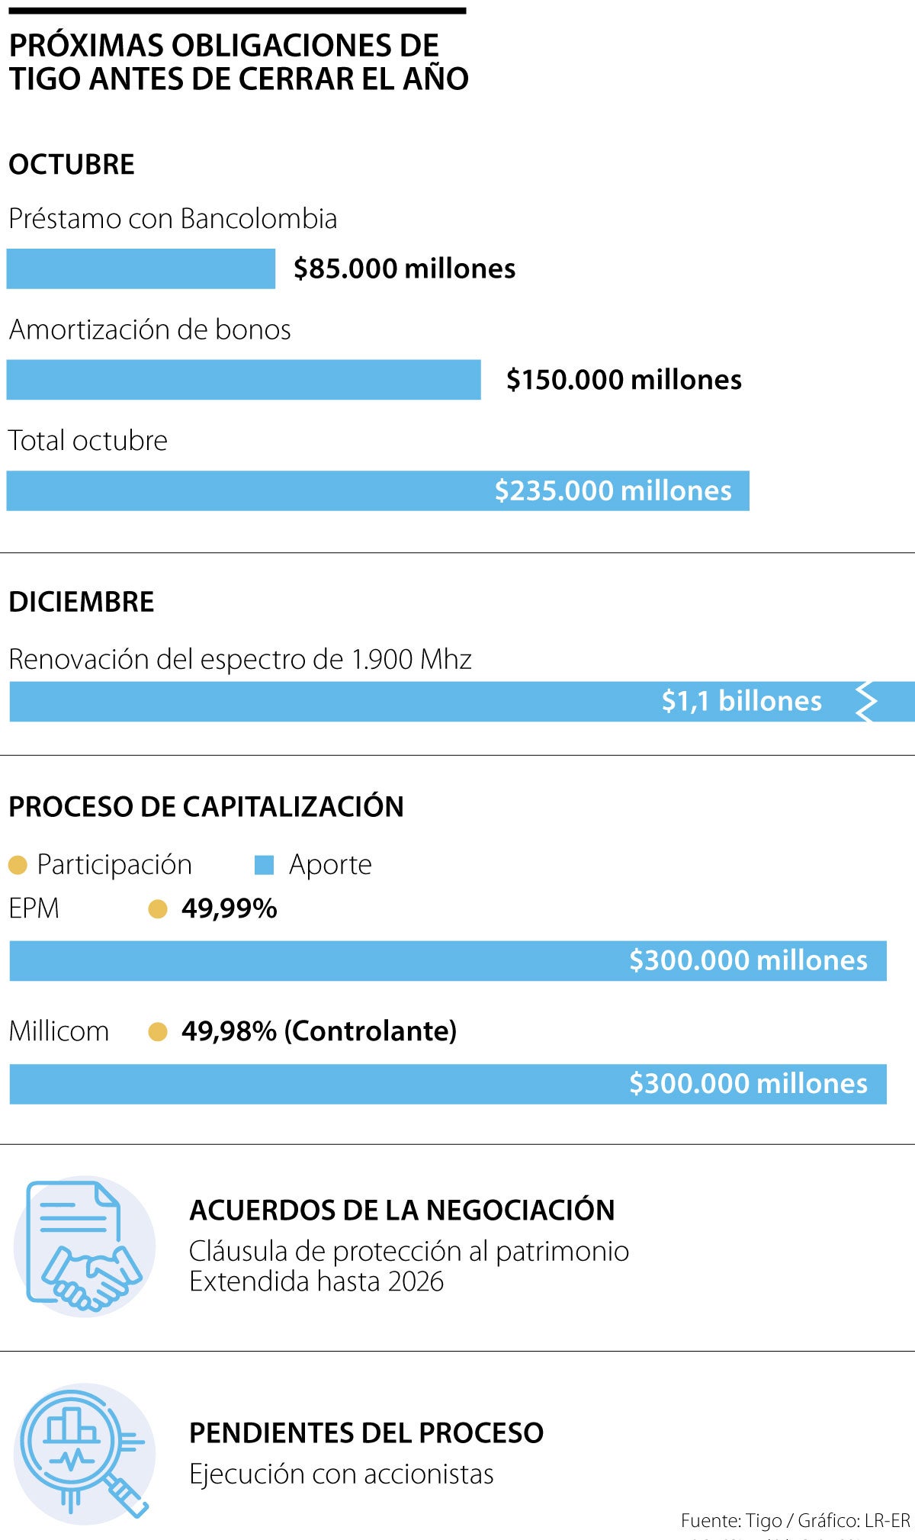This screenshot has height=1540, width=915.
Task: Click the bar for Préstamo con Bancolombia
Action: (x=141, y=268)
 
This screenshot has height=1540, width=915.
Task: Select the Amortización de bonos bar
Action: (x=244, y=380)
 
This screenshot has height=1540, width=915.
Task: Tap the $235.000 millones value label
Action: (x=613, y=490)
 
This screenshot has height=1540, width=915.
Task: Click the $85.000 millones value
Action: (x=404, y=268)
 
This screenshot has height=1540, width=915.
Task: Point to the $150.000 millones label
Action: (x=624, y=380)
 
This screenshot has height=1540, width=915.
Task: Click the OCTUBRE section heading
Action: (x=72, y=165)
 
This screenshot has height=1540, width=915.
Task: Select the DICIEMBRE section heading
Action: (x=82, y=602)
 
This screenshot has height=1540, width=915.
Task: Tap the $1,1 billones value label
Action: (x=741, y=701)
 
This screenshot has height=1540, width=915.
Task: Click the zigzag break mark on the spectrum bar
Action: (x=865, y=702)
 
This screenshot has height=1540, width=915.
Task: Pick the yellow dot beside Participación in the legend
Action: (x=18, y=865)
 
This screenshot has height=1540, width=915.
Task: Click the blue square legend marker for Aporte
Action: (x=264, y=865)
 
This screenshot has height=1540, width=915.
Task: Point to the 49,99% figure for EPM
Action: (x=229, y=908)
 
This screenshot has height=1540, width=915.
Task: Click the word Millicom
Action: (x=59, y=1031)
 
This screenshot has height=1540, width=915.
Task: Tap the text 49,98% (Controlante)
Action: (x=319, y=1031)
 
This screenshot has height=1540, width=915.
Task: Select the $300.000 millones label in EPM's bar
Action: (x=748, y=960)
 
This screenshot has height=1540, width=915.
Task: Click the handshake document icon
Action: (x=85, y=1246)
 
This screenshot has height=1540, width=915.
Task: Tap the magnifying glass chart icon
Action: (x=85, y=1452)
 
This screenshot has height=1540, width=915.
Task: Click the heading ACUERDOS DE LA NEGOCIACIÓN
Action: (x=402, y=1210)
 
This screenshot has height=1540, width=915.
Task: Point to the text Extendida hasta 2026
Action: (x=316, y=1281)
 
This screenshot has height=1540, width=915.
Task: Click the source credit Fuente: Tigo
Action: (x=731, y=1521)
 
